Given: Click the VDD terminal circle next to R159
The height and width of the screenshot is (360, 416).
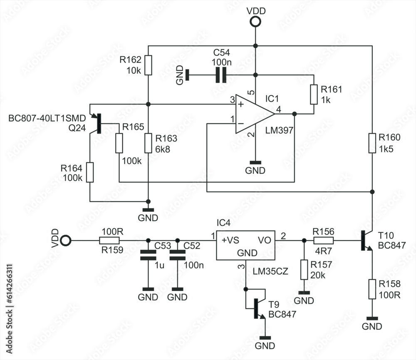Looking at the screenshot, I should coord(66,241).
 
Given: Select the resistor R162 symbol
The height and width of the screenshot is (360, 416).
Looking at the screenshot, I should coord(148,65).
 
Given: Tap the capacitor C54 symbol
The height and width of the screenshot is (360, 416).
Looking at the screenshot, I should coord(221,75).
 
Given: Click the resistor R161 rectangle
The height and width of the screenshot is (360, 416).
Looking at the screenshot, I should coord(314,94).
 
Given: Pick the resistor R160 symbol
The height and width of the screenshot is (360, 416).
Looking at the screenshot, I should coord(372,143).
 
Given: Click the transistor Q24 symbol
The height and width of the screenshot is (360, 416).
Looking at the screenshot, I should coord(97,123).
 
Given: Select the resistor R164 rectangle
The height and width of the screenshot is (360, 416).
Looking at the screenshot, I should coord(90,173).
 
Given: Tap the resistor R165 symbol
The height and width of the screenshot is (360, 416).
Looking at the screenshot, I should coord(119,143).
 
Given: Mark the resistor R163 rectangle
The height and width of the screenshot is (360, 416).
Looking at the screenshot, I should coord(148,143).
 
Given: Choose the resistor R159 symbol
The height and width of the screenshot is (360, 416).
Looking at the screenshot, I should coord(109,241).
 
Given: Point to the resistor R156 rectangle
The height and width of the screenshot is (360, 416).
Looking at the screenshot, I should coord(323,241).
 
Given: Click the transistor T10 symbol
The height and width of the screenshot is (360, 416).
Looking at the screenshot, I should coord(366,241).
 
